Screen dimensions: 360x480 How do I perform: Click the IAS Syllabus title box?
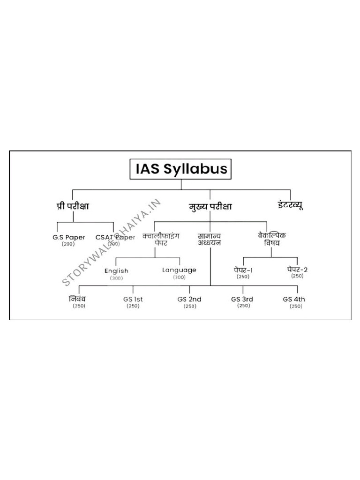pos(180,169)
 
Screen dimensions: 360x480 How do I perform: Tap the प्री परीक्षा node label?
pos(73,206)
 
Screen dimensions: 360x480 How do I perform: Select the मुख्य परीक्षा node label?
pos(210,207)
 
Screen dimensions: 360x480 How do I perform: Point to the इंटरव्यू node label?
pos(290,205)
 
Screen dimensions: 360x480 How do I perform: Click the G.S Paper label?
pos(68,237)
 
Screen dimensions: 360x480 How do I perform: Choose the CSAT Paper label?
pos(115,237)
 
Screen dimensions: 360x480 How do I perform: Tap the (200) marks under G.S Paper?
pos(68,244)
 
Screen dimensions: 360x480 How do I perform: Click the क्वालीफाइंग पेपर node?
pos(161,239)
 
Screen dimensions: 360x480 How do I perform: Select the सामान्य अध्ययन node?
pos(210,240)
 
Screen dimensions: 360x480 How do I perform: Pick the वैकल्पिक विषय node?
pos(271,239)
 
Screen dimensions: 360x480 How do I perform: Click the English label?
pos(116,271)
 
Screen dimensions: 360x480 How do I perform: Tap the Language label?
pos(179,270)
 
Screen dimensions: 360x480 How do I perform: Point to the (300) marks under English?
pos(116,278)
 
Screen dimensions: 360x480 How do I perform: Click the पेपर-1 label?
pos(243,270)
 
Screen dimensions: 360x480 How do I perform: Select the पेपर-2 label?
pos(297,270)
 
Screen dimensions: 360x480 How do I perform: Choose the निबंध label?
pos(77,299)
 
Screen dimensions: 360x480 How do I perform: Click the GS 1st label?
pos(133,299)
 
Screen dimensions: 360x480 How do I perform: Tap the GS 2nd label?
pos(189,299)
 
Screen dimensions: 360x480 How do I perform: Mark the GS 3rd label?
pos(242,299)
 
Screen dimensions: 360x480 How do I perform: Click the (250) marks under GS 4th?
pos(296,306)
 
